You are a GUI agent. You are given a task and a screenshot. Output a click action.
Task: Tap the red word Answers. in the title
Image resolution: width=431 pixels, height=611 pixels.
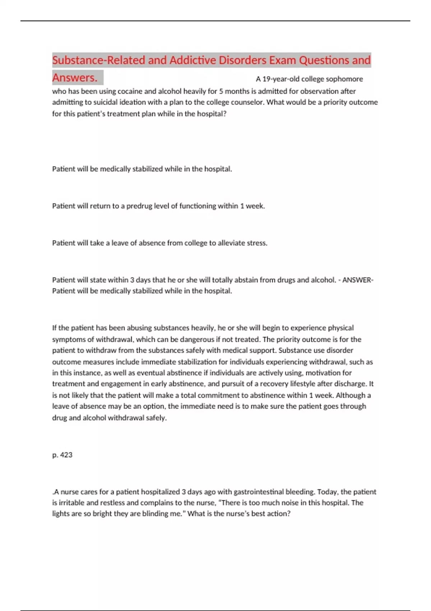pos(75,77)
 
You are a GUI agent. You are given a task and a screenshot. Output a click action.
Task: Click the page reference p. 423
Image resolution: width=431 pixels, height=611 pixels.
pos(62,455)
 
